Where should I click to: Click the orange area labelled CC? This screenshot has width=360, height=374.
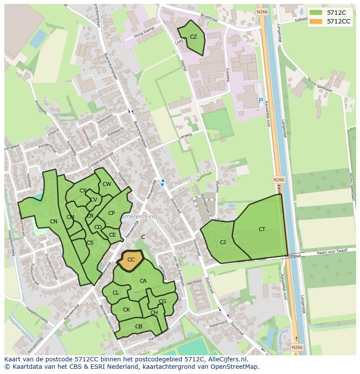[131, 260]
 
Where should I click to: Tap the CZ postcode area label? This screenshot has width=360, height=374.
[193, 37]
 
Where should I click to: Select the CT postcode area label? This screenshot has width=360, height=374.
[262, 229]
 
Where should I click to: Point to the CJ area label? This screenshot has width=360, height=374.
[223, 242]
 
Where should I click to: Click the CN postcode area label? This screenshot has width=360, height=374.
[53, 222]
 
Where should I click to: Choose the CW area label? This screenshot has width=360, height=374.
[107, 184]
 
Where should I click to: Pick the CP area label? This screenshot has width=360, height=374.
[111, 213]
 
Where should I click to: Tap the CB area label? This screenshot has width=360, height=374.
[139, 327]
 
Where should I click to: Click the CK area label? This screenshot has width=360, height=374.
[127, 310]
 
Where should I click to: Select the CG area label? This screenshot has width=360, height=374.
[162, 301]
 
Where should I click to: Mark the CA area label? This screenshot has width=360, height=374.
[143, 281]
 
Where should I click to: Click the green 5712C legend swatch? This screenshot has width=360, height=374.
[316, 12]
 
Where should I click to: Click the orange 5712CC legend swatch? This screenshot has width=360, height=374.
[316, 21]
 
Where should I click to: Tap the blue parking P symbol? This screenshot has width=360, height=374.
[261, 101]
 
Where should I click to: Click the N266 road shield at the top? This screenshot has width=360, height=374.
[262, 12]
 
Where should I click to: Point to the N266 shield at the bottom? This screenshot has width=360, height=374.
[297, 347]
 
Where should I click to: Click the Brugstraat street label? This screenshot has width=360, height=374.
[209, 17]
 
